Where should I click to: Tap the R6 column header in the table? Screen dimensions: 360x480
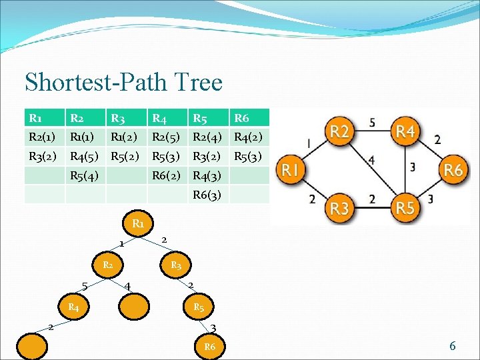point(241,119)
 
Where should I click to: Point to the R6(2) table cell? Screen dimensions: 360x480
point(166,177)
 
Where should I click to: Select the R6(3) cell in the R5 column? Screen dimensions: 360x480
point(207,195)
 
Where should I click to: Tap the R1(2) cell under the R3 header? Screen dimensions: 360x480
point(125,138)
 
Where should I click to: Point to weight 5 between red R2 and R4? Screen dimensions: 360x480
point(373,123)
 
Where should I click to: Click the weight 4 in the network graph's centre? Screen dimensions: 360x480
point(371,160)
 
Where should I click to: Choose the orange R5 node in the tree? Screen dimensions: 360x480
point(198,307)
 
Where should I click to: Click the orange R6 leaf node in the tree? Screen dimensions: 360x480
point(209,346)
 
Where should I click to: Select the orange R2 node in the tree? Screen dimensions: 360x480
point(107,265)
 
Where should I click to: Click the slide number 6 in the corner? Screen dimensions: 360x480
point(453,345)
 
